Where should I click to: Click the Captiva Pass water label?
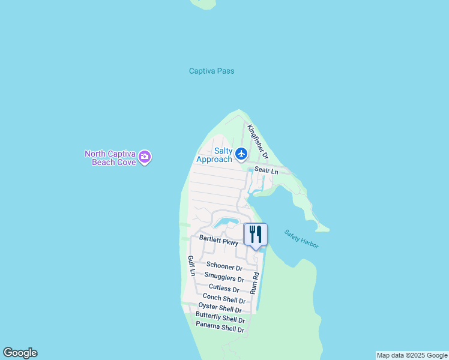pyautogui.click(x=211, y=71)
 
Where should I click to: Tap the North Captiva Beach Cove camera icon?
pyautogui.click(x=145, y=158)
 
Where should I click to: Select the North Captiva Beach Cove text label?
pyautogui.click(x=112, y=158)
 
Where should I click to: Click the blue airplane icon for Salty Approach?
pyautogui.click(x=241, y=154)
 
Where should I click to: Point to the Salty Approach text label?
pyautogui.click(x=214, y=155)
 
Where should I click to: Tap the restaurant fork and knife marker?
pyautogui.click(x=256, y=234)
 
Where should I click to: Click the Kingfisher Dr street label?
pyautogui.click(x=258, y=142)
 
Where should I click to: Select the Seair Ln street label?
pyautogui.click(x=267, y=171)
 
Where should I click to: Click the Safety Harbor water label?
pyautogui.click(x=301, y=239)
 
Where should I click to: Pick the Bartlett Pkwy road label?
pyautogui.click(x=219, y=241)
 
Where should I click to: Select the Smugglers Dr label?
pyautogui.click(x=224, y=278)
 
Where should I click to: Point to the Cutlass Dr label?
pyautogui.click(x=224, y=289)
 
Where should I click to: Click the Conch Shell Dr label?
pyautogui.click(x=224, y=299)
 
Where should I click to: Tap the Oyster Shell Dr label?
pyautogui.click(x=220, y=308)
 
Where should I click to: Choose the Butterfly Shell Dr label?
pyautogui.click(x=220, y=319)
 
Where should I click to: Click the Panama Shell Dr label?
pyautogui.click(x=220, y=329)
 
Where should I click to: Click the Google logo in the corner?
pyautogui.click(x=20, y=353)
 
